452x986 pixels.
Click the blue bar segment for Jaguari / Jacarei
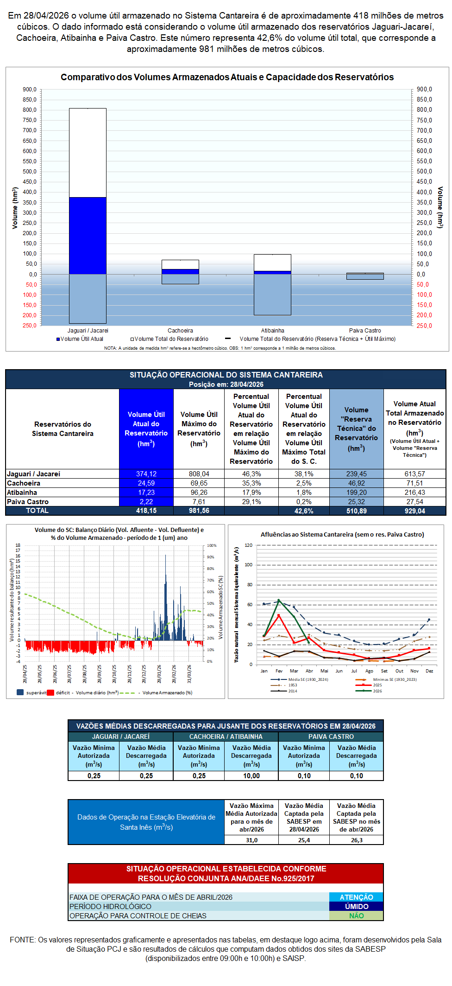point(88,235)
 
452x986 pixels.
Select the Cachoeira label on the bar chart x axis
point(180,331)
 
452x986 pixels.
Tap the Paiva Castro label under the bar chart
point(365,331)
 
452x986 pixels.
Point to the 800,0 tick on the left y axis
point(30,110)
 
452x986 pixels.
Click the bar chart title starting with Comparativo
point(227,77)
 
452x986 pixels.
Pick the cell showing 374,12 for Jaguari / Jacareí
point(146,474)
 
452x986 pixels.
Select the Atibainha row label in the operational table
point(22,493)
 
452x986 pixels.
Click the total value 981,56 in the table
point(199,511)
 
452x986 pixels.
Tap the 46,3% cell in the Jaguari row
point(251,474)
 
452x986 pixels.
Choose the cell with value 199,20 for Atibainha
point(356,493)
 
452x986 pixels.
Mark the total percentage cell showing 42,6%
point(304,511)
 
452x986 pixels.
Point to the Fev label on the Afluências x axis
point(279,671)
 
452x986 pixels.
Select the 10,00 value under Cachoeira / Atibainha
point(251,775)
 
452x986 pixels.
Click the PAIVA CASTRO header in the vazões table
point(331,736)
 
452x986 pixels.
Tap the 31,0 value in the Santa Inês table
point(251,840)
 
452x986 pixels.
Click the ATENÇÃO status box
point(356,897)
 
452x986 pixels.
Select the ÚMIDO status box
point(356,906)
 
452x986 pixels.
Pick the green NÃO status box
point(356,916)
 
